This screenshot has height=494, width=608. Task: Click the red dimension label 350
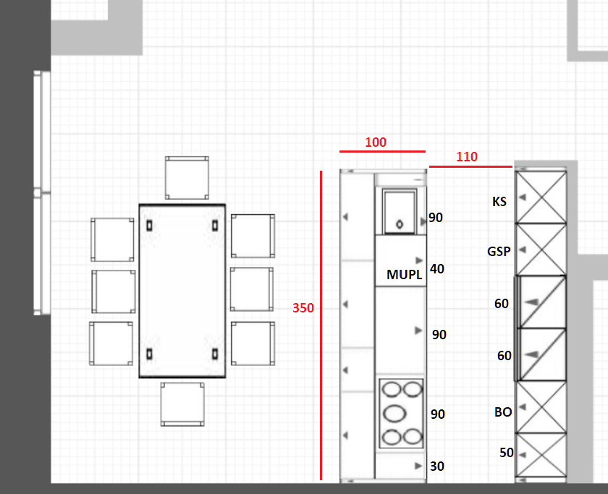(303, 308)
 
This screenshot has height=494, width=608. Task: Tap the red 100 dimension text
(376, 142)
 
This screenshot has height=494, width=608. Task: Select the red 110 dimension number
(466, 156)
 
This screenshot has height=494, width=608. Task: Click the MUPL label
(404, 275)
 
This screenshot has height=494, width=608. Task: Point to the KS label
(499, 202)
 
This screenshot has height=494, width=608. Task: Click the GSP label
(499, 252)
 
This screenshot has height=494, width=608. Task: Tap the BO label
(503, 412)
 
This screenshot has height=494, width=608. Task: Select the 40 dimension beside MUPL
(437, 269)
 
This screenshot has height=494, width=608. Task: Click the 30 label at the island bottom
(437, 466)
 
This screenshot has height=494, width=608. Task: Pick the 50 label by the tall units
(507, 453)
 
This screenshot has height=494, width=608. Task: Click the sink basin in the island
(400, 211)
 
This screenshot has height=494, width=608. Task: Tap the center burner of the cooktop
(394, 414)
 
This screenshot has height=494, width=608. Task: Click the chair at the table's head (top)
(187, 178)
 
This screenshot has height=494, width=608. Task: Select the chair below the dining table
(182, 404)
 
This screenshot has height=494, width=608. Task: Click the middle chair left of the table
(114, 291)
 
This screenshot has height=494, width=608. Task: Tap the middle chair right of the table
(252, 289)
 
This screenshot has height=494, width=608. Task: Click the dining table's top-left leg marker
(149, 226)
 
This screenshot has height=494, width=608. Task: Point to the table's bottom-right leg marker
(215, 354)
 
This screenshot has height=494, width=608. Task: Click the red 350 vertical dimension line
(321, 325)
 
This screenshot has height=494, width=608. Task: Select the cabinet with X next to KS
(541, 197)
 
